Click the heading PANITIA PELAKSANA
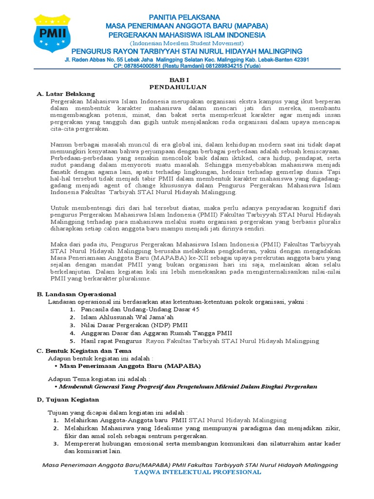187,18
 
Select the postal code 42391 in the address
299,59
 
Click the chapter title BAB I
178,79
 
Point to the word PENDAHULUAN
178,87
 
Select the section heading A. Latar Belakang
66,94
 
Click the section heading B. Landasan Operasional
76,294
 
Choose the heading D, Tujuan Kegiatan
68,399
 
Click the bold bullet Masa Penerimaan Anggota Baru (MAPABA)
130,365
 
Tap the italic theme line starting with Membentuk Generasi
188,386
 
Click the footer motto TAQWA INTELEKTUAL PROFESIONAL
197,472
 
